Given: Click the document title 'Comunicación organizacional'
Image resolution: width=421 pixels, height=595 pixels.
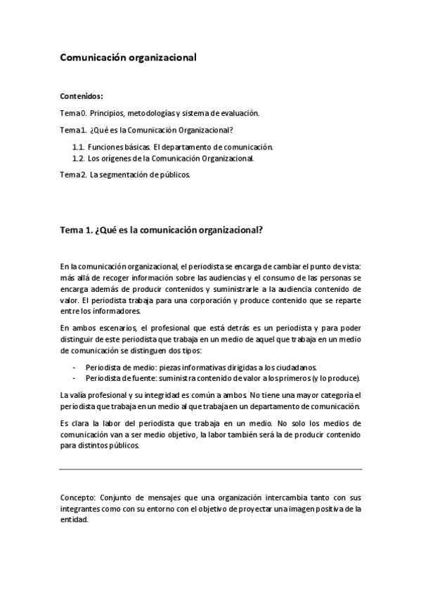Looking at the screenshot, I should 127,59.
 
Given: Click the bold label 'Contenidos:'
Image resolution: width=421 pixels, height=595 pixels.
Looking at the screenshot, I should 82,95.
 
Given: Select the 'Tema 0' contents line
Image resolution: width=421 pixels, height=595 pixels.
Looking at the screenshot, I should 160,112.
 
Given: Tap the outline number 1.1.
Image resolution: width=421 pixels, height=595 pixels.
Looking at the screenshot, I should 78,147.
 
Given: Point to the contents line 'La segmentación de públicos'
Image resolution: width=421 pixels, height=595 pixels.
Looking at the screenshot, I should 140,175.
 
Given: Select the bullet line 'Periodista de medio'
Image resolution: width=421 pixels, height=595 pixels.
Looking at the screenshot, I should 201,367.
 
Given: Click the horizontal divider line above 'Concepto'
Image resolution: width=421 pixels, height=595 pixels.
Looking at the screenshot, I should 211,469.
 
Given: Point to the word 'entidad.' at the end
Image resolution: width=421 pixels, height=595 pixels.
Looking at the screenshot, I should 75,520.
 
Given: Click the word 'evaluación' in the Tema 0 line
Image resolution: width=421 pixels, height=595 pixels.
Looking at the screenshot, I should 241,112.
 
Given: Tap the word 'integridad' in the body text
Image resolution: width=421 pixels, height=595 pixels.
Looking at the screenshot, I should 163,396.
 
